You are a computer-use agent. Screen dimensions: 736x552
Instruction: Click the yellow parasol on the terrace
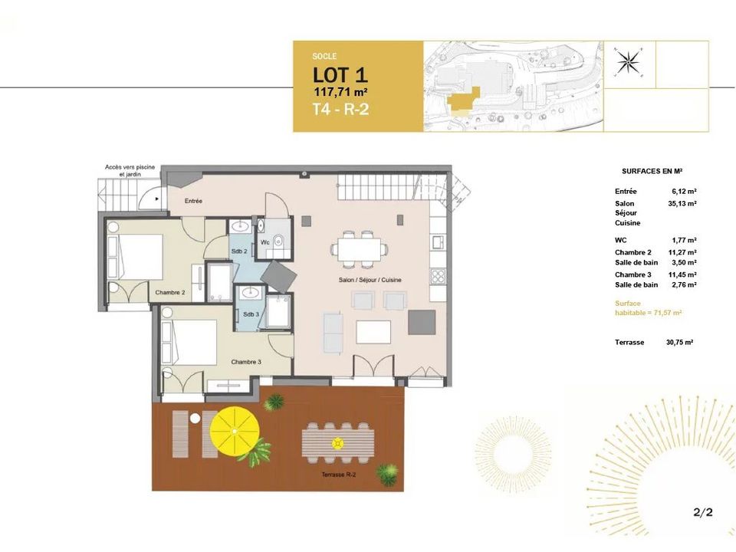(235, 431)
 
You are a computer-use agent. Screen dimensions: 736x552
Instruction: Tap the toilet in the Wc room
(277, 240)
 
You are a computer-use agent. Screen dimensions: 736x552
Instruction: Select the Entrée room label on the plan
(193, 201)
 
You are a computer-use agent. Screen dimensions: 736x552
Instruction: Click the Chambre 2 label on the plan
(170, 292)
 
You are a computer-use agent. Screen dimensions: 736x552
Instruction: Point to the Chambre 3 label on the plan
(246, 362)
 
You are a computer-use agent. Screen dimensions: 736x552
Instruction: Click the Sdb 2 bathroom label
(239, 251)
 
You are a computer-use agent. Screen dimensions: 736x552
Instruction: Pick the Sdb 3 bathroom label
(251, 314)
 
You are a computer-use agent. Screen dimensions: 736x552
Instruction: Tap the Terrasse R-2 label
(339, 475)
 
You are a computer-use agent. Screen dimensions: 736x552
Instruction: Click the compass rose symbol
(629, 62)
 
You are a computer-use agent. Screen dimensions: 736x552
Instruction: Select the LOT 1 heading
(340, 75)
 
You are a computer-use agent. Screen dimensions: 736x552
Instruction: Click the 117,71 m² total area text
(340, 92)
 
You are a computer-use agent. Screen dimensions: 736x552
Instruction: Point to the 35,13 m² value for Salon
(682, 204)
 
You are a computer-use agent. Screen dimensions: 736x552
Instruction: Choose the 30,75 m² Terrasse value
(680, 342)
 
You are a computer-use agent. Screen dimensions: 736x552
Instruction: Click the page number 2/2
(703, 511)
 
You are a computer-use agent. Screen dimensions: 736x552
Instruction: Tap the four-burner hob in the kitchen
(438, 275)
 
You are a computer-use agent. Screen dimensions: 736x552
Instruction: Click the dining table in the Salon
(359, 248)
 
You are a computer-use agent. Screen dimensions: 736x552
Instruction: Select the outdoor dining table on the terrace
(338, 443)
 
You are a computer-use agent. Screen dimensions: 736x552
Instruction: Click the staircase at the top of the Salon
(391, 187)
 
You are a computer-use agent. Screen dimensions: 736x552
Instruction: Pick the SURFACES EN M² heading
(652, 171)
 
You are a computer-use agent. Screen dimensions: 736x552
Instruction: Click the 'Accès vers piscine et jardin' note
(130, 170)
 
